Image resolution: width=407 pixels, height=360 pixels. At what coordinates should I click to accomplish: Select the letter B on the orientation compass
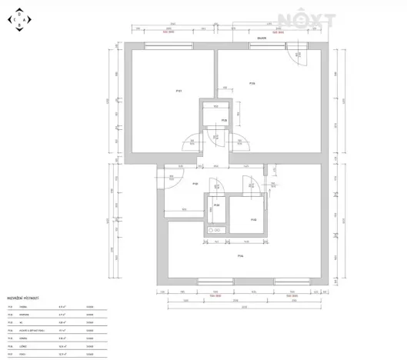(19, 25)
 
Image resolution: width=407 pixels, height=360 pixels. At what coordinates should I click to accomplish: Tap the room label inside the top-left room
(178, 91)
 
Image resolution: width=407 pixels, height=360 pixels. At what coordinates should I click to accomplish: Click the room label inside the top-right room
(252, 83)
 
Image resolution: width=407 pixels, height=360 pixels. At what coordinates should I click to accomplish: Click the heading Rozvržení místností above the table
(23, 296)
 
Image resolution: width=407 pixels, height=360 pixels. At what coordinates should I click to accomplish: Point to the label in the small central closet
(224, 121)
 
